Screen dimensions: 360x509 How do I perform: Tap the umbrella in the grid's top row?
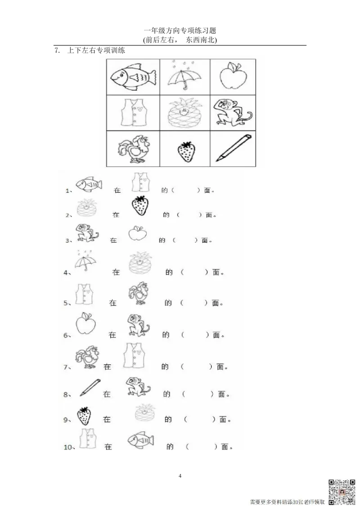[184, 76]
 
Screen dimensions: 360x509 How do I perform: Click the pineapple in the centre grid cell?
[184, 113]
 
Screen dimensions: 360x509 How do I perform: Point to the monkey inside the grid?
[233, 113]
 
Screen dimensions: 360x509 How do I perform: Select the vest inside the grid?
[134, 112]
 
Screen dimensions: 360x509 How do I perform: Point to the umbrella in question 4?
[85, 260]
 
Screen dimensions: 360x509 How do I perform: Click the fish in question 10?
[141, 441]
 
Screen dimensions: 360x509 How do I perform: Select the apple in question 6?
[86, 323]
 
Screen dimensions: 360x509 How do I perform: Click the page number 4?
[180, 476]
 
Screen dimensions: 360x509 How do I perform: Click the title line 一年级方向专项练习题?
[180, 31]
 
